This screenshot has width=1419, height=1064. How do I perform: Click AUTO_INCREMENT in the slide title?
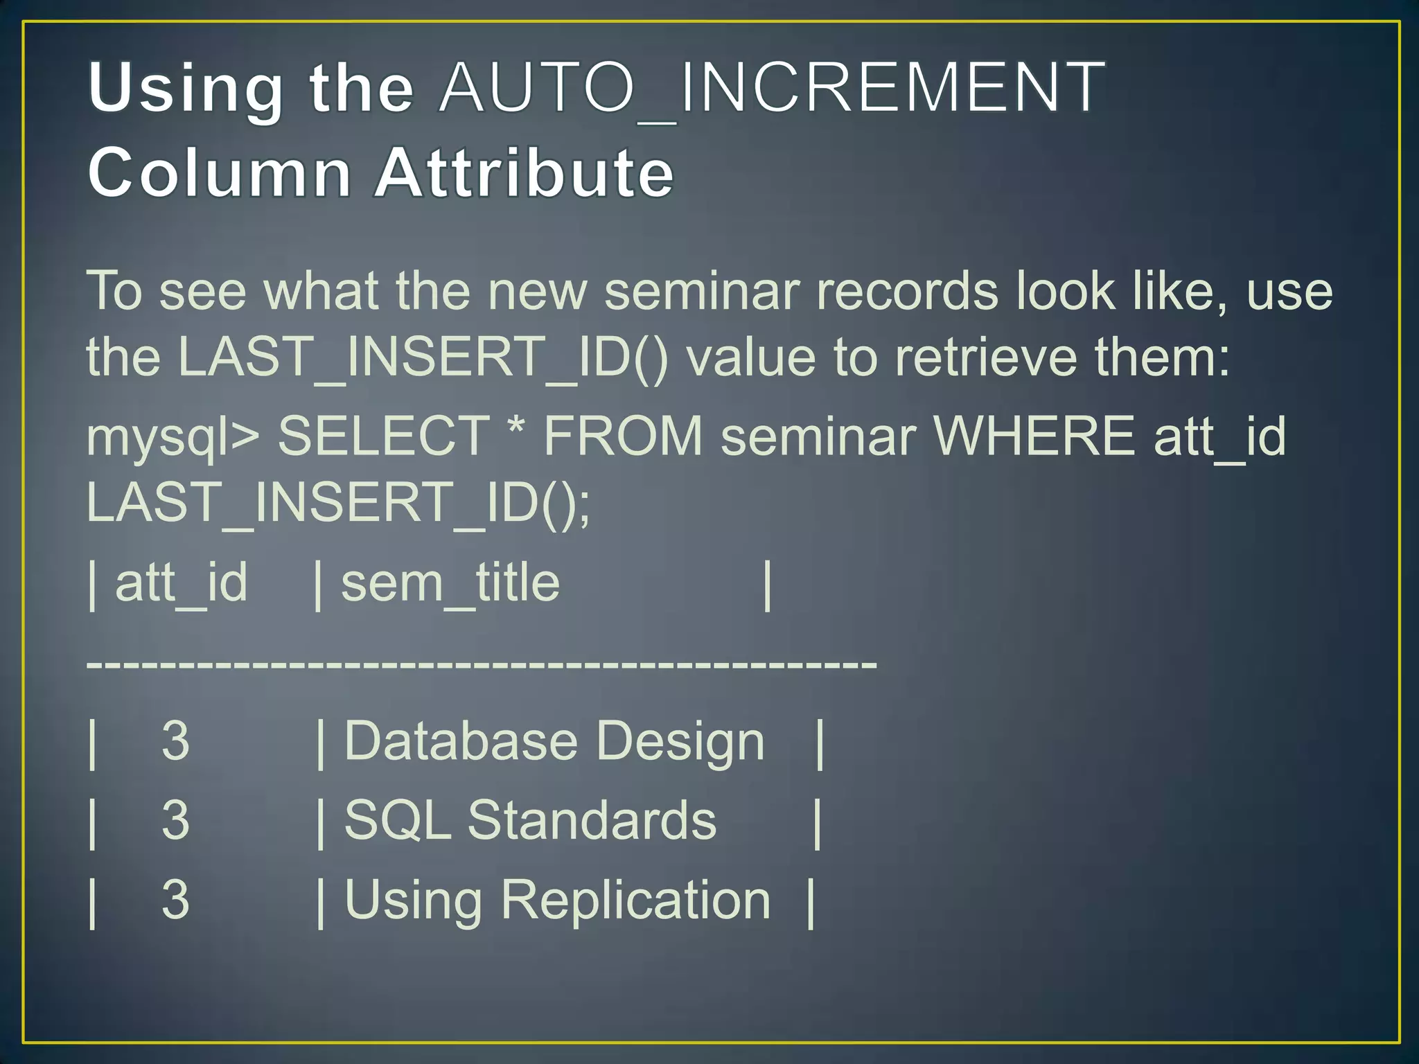(x=772, y=89)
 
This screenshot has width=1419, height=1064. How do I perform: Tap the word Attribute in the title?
(x=524, y=173)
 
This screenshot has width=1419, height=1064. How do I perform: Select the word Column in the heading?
(x=220, y=173)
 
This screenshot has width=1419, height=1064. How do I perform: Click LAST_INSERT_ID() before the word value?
(x=423, y=357)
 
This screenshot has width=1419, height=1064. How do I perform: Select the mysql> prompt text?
(x=173, y=438)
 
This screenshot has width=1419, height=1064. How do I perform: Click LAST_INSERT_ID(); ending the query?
(x=338, y=503)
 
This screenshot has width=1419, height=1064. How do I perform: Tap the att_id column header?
(x=181, y=583)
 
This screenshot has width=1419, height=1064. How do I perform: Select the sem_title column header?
(x=450, y=583)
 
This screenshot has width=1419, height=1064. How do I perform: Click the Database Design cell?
(x=554, y=742)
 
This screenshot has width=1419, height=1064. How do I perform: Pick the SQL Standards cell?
(x=530, y=821)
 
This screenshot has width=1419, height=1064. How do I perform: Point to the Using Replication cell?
(x=557, y=901)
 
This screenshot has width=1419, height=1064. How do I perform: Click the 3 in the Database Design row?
(x=175, y=742)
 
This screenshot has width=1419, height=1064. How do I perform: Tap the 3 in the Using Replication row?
(x=175, y=901)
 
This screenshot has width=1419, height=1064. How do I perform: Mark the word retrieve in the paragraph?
(x=985, y=357)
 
